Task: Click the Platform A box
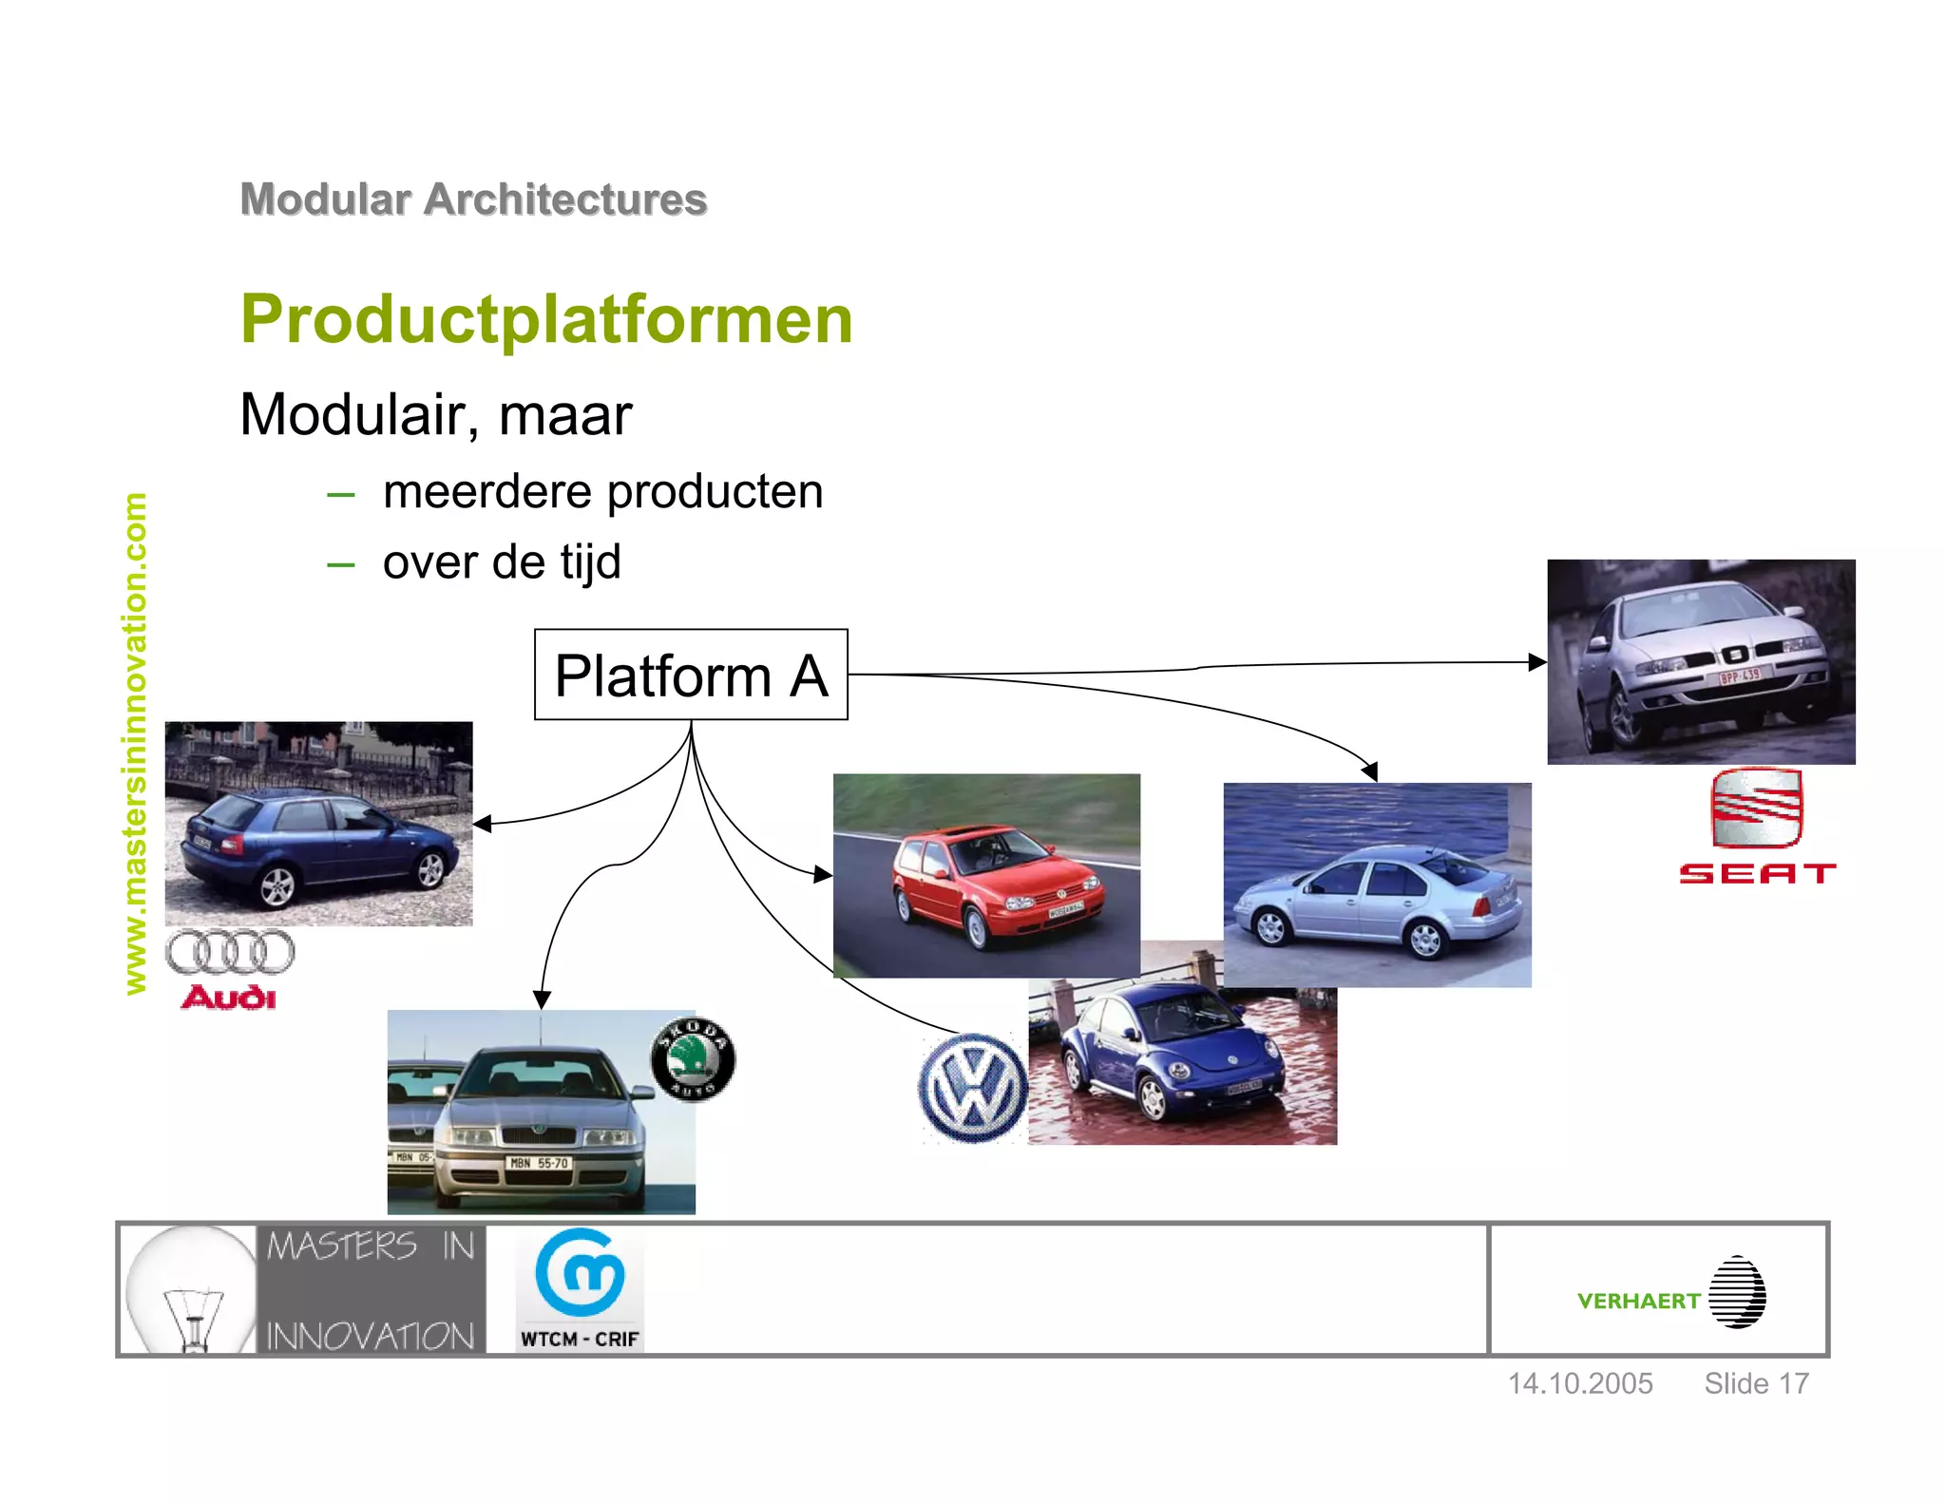pyautogui.click(x=691, y=675)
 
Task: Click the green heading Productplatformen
pyautogui.click(x=546, y=319)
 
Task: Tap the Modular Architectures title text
pyautogui.click(x=473, y=200)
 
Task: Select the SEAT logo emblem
pyautogui.click(x=1756, y=808)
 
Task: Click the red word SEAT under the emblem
pyautogui.click(x=1756, y=873)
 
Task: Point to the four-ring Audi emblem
pyautogui.click(x=230, y=952)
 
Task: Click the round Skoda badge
pyautogui.click(x=693, y=1058)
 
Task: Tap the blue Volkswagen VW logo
pyautogui.click(x=972, y=1088)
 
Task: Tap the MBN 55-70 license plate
pyautogui.click(x=539, y=1163)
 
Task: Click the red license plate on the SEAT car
pyautogui.click(x=1740, y=676)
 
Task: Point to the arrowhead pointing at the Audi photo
pyautogui.click(x=482, y=824)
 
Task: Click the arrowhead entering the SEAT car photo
pyautogui.click(x=1537, y=662)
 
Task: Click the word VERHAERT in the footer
pyautogui.click(x=1638, y=1301)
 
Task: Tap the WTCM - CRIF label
pyautogui.click(x=580, y=1339)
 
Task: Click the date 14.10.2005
pyautogui.click(x=1580, y=1383)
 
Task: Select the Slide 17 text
pyautogui.click(x=1756, y=1383)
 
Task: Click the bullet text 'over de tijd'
pyautogui.click(x=502, y=561)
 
